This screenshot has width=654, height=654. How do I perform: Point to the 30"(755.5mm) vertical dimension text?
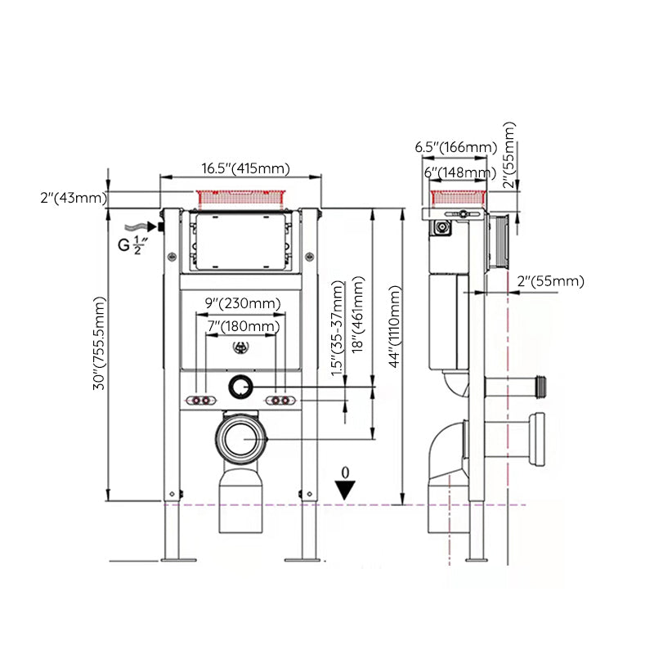100,343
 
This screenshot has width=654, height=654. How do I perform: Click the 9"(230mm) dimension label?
243,303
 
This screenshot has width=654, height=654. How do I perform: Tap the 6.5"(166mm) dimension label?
455,147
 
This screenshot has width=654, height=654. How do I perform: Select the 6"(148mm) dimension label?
459,172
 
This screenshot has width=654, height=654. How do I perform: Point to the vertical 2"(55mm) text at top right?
510,155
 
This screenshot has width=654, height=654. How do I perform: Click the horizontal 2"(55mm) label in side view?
551,281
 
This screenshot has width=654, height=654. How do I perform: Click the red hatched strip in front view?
241,197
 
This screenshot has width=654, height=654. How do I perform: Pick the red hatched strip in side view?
459,196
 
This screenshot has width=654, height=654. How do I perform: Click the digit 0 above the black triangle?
346,473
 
